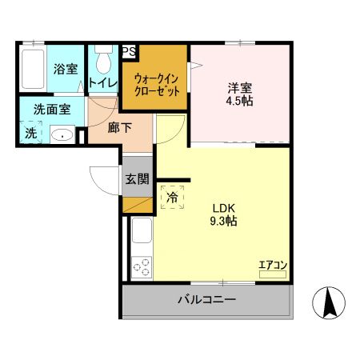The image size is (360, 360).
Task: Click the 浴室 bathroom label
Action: coord(66,69)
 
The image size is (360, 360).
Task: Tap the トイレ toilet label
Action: coord(102,82)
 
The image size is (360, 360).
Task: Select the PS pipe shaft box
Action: coord(129,52)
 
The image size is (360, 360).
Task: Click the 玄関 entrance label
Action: coord(137,178)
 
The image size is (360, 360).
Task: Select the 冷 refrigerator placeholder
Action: coord(172,196)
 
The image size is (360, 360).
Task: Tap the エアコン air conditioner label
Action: coord(272,266)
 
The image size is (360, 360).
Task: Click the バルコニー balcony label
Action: coord(206,301)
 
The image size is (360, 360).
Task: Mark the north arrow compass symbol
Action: coord(330,302)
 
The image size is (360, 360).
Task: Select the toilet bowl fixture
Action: coord(102,61)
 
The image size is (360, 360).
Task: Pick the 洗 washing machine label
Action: coord(30,134)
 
